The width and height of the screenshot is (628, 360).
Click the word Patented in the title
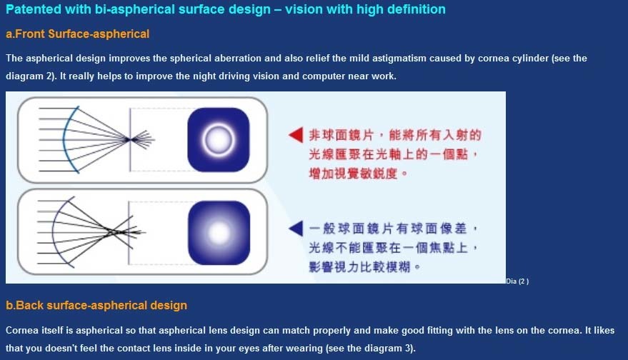coord(34,9)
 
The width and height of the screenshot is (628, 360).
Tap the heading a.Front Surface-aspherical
coord(78,34)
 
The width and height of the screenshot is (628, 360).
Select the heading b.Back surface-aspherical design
coord(96,305)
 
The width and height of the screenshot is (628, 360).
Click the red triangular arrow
coord(296,135)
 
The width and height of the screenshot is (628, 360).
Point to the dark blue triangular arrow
coord(296,229)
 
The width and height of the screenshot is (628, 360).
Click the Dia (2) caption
coord(517,281)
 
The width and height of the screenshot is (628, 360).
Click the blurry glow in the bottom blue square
coord(219,233)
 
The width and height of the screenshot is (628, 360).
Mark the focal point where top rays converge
coord(128,140)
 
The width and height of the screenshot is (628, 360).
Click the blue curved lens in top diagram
coord(64,140)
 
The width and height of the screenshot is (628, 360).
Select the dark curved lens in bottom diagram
coord(53,232)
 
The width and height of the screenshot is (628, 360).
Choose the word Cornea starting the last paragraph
coord(21,331)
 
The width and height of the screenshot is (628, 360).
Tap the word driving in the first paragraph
coord(220,76)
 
